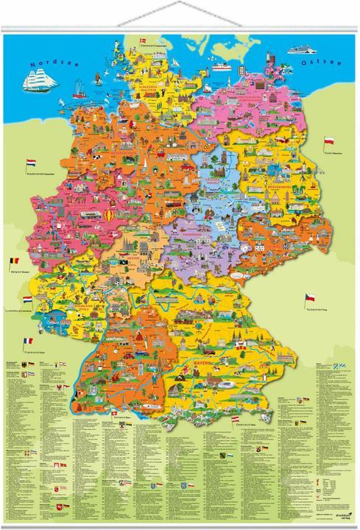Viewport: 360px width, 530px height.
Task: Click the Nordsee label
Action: [x=46, y=64]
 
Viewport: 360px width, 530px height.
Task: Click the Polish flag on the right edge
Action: [x=330, y=139]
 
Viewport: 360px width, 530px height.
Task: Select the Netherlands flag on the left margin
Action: [x=30, y=161]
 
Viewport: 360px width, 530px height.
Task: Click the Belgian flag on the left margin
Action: [x=13, y=261]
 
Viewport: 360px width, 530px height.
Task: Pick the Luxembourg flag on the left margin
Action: [x=27, y=300]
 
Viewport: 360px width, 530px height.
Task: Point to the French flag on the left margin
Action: [x=28, y=341]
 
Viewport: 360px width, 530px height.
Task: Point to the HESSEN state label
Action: [x=133, y=259]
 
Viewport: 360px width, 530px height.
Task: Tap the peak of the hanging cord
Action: [x=180, y=4]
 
